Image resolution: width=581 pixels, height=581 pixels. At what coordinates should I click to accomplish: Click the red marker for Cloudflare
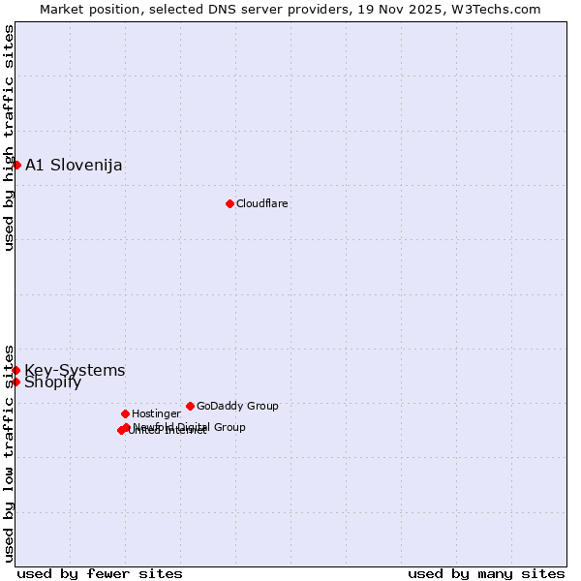tap(229, 203)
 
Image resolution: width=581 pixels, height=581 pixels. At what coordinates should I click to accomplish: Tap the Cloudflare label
tap(261, 203)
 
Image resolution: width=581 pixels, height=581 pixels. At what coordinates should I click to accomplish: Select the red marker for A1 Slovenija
tap(16, 165)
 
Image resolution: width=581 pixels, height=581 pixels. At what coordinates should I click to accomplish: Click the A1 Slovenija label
tap(74, 165)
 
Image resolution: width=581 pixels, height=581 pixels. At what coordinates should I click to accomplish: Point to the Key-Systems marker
tap(16, 370)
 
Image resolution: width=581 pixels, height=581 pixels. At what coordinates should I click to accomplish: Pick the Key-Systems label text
tap(75, 370)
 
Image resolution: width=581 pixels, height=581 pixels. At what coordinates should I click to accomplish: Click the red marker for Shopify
tap(16, 382)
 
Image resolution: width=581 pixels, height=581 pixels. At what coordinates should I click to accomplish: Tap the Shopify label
tap(52, 382)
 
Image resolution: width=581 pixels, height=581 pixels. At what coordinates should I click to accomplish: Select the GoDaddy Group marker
tap(190, 406)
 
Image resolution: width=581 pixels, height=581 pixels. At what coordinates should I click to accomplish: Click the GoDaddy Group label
tap(237, 406)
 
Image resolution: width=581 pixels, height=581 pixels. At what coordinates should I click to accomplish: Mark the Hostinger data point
tap(125, 413)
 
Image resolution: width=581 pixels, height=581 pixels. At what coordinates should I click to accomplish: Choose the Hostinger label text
tap(156, 413)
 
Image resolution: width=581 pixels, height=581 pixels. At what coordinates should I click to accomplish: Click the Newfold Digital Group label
tap(190, 426)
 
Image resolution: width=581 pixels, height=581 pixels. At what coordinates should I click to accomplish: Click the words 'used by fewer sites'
tap(100, 573)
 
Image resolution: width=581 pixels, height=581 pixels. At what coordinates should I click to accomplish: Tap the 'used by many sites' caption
tap(486, 573)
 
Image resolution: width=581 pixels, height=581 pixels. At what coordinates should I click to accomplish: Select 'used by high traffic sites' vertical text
tap(10, 138)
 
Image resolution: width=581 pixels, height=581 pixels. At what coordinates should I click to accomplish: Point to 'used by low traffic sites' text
tap(10, 452)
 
